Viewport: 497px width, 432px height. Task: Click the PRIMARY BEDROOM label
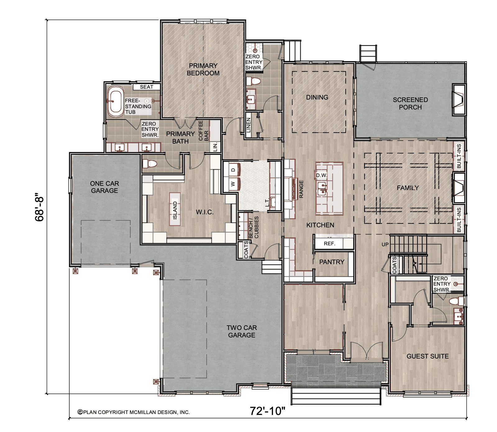(203, 69)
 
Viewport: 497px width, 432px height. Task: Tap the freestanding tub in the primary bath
(116, 101)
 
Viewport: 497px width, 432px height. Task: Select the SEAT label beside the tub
(147, 87)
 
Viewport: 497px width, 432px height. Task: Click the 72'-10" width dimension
(267, 411)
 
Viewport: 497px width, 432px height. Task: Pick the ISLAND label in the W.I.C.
(175, 210)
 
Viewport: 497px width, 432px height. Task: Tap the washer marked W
(233, 184)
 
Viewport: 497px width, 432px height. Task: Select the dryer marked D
(233, 170)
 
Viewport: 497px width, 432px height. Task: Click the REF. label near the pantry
(330, 244)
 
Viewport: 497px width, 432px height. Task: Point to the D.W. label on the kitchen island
(321, 175)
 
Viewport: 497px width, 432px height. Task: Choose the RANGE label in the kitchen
(301, 189)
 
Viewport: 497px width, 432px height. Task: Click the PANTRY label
(332, 262)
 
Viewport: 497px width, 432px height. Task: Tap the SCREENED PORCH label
(410, 104)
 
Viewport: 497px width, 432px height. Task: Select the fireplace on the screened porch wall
(459, 100)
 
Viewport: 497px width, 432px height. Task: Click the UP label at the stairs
(385, 244)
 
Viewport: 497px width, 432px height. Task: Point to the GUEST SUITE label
(428, 356)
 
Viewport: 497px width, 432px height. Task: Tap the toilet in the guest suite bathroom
(456, 301)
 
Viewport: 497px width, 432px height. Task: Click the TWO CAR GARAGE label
(242, 332)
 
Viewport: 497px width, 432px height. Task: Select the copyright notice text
(134, 412)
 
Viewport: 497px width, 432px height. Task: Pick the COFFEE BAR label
(203, 131)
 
